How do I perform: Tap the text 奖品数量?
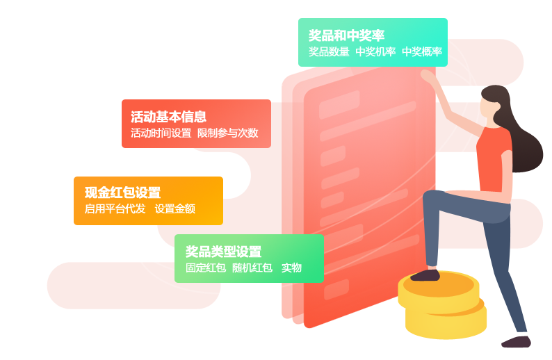(x=329, y=52)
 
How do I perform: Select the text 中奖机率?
(x=375, y=52)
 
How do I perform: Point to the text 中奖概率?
(x=421, y=52)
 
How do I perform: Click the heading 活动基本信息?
(x=168, y=117)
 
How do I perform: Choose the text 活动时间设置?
(x=161, y=133)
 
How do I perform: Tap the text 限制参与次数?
(x=227, y=133)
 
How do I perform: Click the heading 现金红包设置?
(x=122, y=193)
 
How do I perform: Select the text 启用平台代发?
(x=115, y=208)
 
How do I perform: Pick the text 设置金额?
(x=174, y=208)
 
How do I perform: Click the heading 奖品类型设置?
(x=223, y=252)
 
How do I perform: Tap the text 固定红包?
(x=205, y=268)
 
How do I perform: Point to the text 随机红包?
(x=252, y=268)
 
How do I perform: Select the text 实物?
(x=291, y=268)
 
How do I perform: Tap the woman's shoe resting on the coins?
(x=425, y=275)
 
